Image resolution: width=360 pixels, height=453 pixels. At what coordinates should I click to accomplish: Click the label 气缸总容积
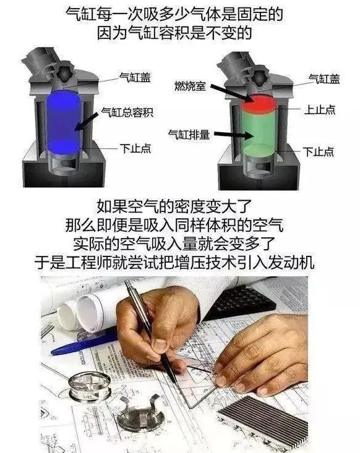tap(127, 112)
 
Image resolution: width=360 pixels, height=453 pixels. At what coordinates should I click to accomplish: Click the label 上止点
tap(320, 109)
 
